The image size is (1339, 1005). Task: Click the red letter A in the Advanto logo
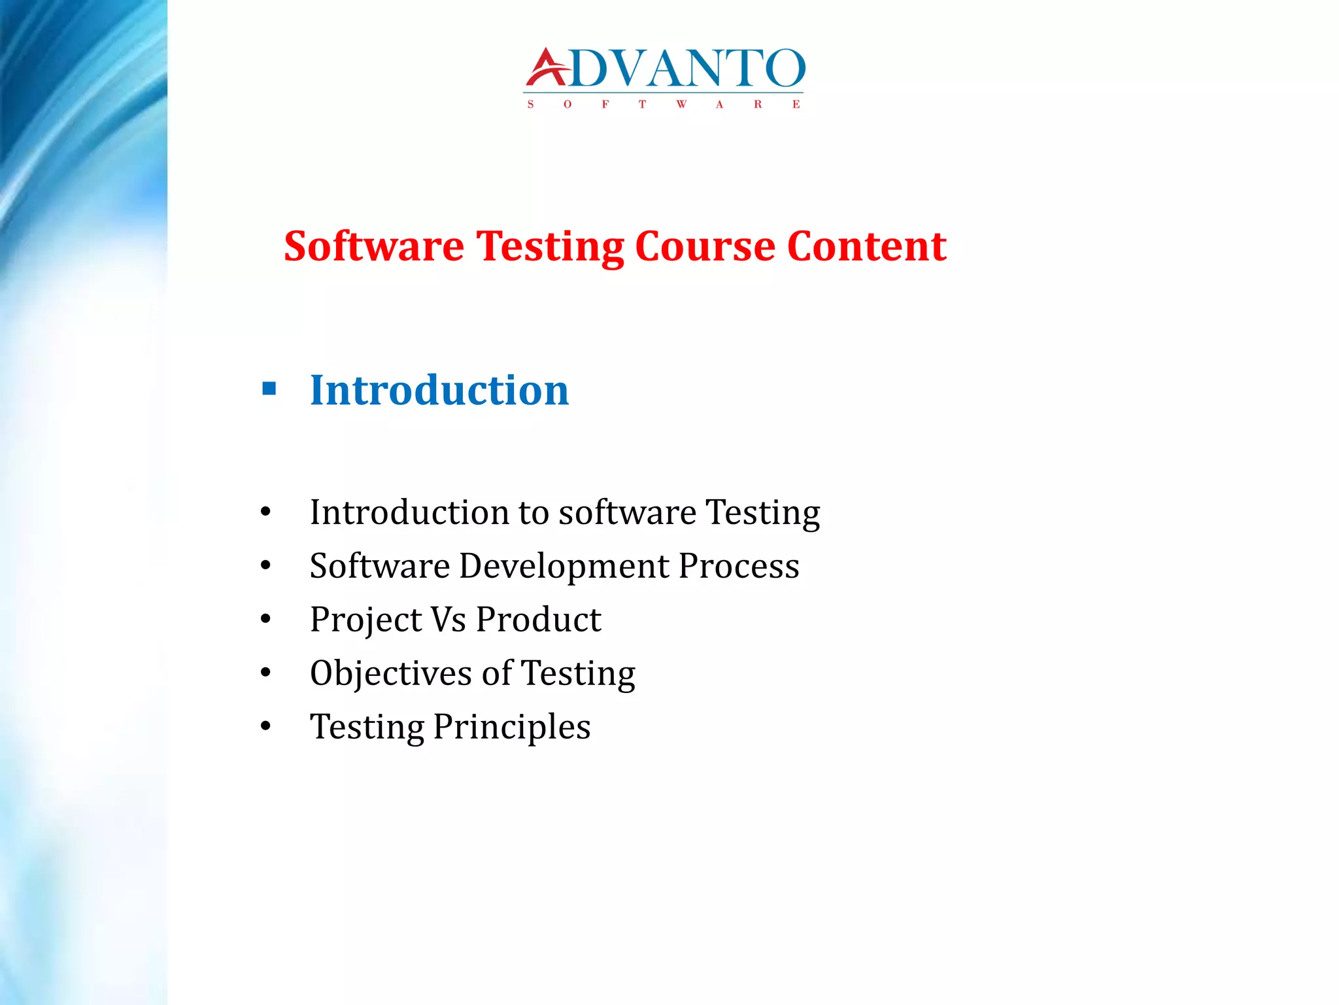point(547,69)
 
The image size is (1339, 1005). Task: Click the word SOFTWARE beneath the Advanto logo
point(664,105)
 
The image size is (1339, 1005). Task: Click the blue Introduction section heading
point(439,390)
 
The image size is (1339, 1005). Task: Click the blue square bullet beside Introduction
point(269,389)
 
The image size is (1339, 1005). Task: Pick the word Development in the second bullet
point(564,566)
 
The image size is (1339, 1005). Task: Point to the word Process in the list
point(738,566)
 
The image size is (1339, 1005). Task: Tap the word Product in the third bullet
point(538,620)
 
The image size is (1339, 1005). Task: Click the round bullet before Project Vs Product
point(265,619)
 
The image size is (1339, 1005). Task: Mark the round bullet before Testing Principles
point(265,726)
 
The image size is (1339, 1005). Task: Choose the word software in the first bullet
point(627,512)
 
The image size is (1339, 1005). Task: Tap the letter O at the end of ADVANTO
point(784,69)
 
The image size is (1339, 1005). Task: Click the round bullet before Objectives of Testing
point(265,673)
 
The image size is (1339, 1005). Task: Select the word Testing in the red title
point(549,247)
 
